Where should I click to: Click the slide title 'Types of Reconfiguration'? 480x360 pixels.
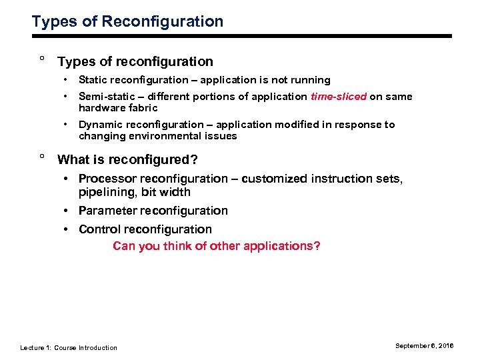127,21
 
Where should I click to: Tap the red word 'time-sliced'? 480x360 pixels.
338,97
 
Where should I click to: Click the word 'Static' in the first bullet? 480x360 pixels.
93,80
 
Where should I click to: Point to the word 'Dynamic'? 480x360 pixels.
99,125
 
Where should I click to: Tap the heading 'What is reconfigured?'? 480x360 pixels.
127,160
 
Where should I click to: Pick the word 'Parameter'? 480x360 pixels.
108,211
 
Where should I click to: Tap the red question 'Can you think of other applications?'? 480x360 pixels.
217,246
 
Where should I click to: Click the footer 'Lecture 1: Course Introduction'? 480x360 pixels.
69,347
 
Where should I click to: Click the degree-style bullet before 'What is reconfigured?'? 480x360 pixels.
42,157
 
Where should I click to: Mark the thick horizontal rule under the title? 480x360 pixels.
240,35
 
